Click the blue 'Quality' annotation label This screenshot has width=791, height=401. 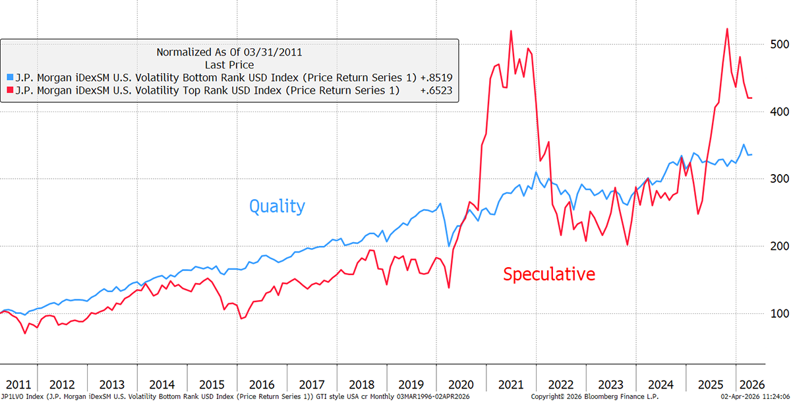point(277,206)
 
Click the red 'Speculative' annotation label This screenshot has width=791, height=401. point(548,274)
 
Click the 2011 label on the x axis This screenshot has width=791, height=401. point(18,385)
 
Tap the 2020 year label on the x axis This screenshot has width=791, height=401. point(461,385)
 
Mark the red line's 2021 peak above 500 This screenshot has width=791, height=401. point(511,31)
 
